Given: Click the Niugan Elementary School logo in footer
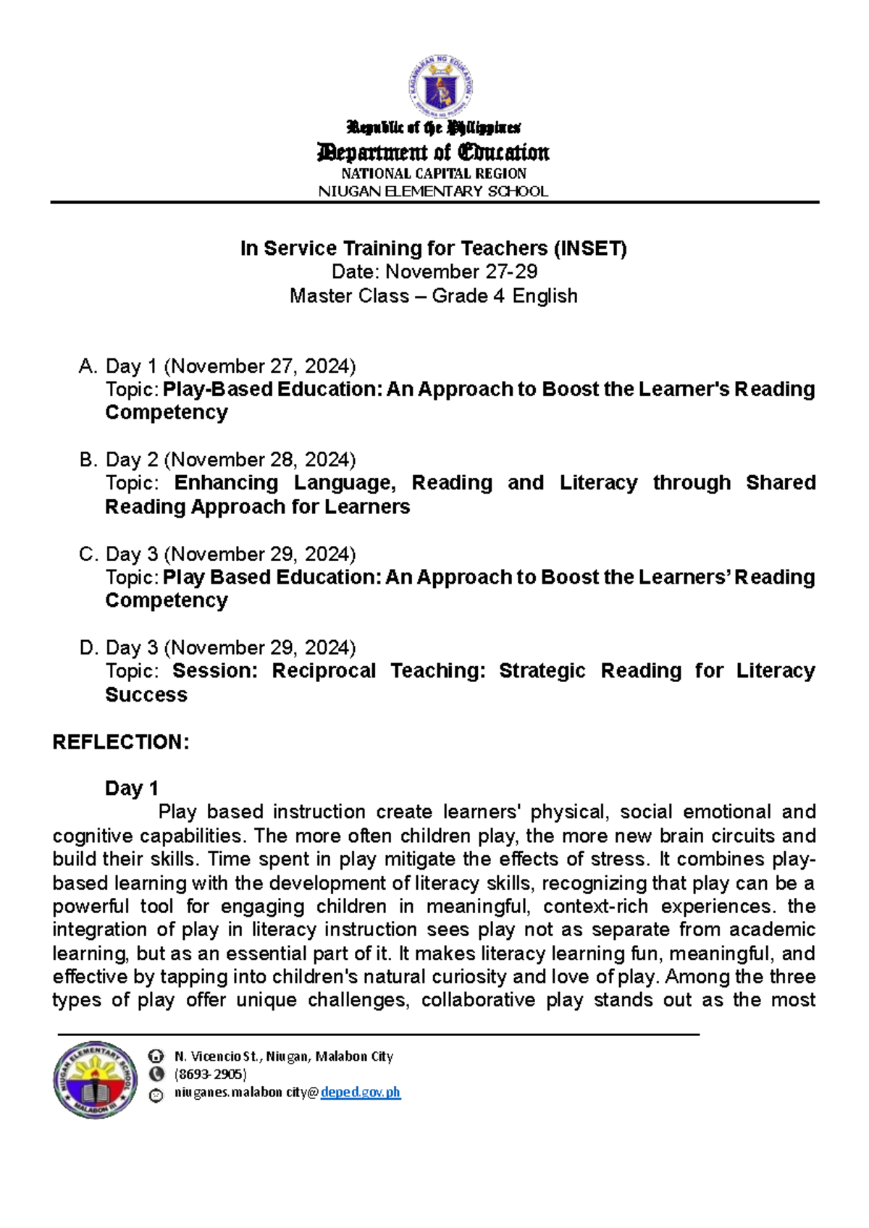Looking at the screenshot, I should click(x=95, y=1080).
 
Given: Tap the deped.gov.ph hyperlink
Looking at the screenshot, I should click(x=361, y=1093).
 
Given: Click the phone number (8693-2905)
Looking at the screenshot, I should click(x=210, y=1074).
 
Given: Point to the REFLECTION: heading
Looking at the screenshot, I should click(x=121, y=742).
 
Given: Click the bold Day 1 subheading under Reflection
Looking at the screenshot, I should click(x=132, y=788).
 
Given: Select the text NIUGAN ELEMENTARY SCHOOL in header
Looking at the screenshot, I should click(x=434, y=192).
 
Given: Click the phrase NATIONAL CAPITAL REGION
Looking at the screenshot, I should click(x=434, y=174).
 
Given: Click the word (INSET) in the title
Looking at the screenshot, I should click(x=590, y=249).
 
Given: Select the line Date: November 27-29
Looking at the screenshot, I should click(x=434, y=272).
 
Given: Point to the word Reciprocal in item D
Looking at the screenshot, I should click(x=324, y=671).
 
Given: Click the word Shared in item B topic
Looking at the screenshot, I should click(x=781, y=483).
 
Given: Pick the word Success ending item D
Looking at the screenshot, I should click(x=146, y=695).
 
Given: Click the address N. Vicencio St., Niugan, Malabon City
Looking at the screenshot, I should click(x=284, y=1056).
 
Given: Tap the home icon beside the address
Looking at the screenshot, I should click(x=156, y=1056).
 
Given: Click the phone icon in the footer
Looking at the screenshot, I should click(x=156, y=1074).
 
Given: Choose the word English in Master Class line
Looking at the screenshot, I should click(x=545, y=296).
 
